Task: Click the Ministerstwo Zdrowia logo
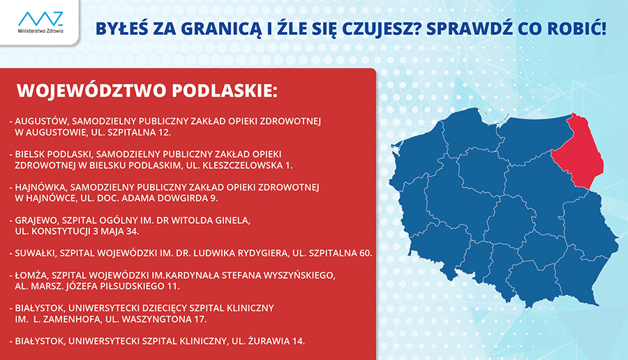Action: [x=40, y=22]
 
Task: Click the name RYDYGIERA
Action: [x=263, y=253]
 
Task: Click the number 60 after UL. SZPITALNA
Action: [x=365, y=253]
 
